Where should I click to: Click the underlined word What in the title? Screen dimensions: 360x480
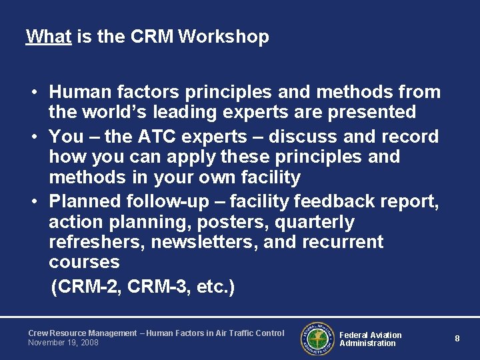[x=48, y=37]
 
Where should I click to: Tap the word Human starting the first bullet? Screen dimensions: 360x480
[x=79, y=92]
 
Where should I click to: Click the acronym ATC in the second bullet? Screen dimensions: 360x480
[x=160, y=137]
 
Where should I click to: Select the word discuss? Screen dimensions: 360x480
[x=304, y=137]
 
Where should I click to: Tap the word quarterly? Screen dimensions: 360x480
[x=315, y=222]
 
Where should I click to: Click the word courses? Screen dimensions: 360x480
[x=84, y=262]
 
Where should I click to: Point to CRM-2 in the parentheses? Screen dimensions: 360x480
[x=87, y=287]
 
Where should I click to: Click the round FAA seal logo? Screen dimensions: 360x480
[x=317, y=338]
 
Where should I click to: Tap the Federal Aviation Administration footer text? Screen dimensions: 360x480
[x=371, y=339]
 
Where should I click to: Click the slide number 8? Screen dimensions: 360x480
[x=457, y=339]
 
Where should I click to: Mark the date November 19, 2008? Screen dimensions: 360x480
[x=63, y=343]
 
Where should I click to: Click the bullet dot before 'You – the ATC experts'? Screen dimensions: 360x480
[x=32, y=137]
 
